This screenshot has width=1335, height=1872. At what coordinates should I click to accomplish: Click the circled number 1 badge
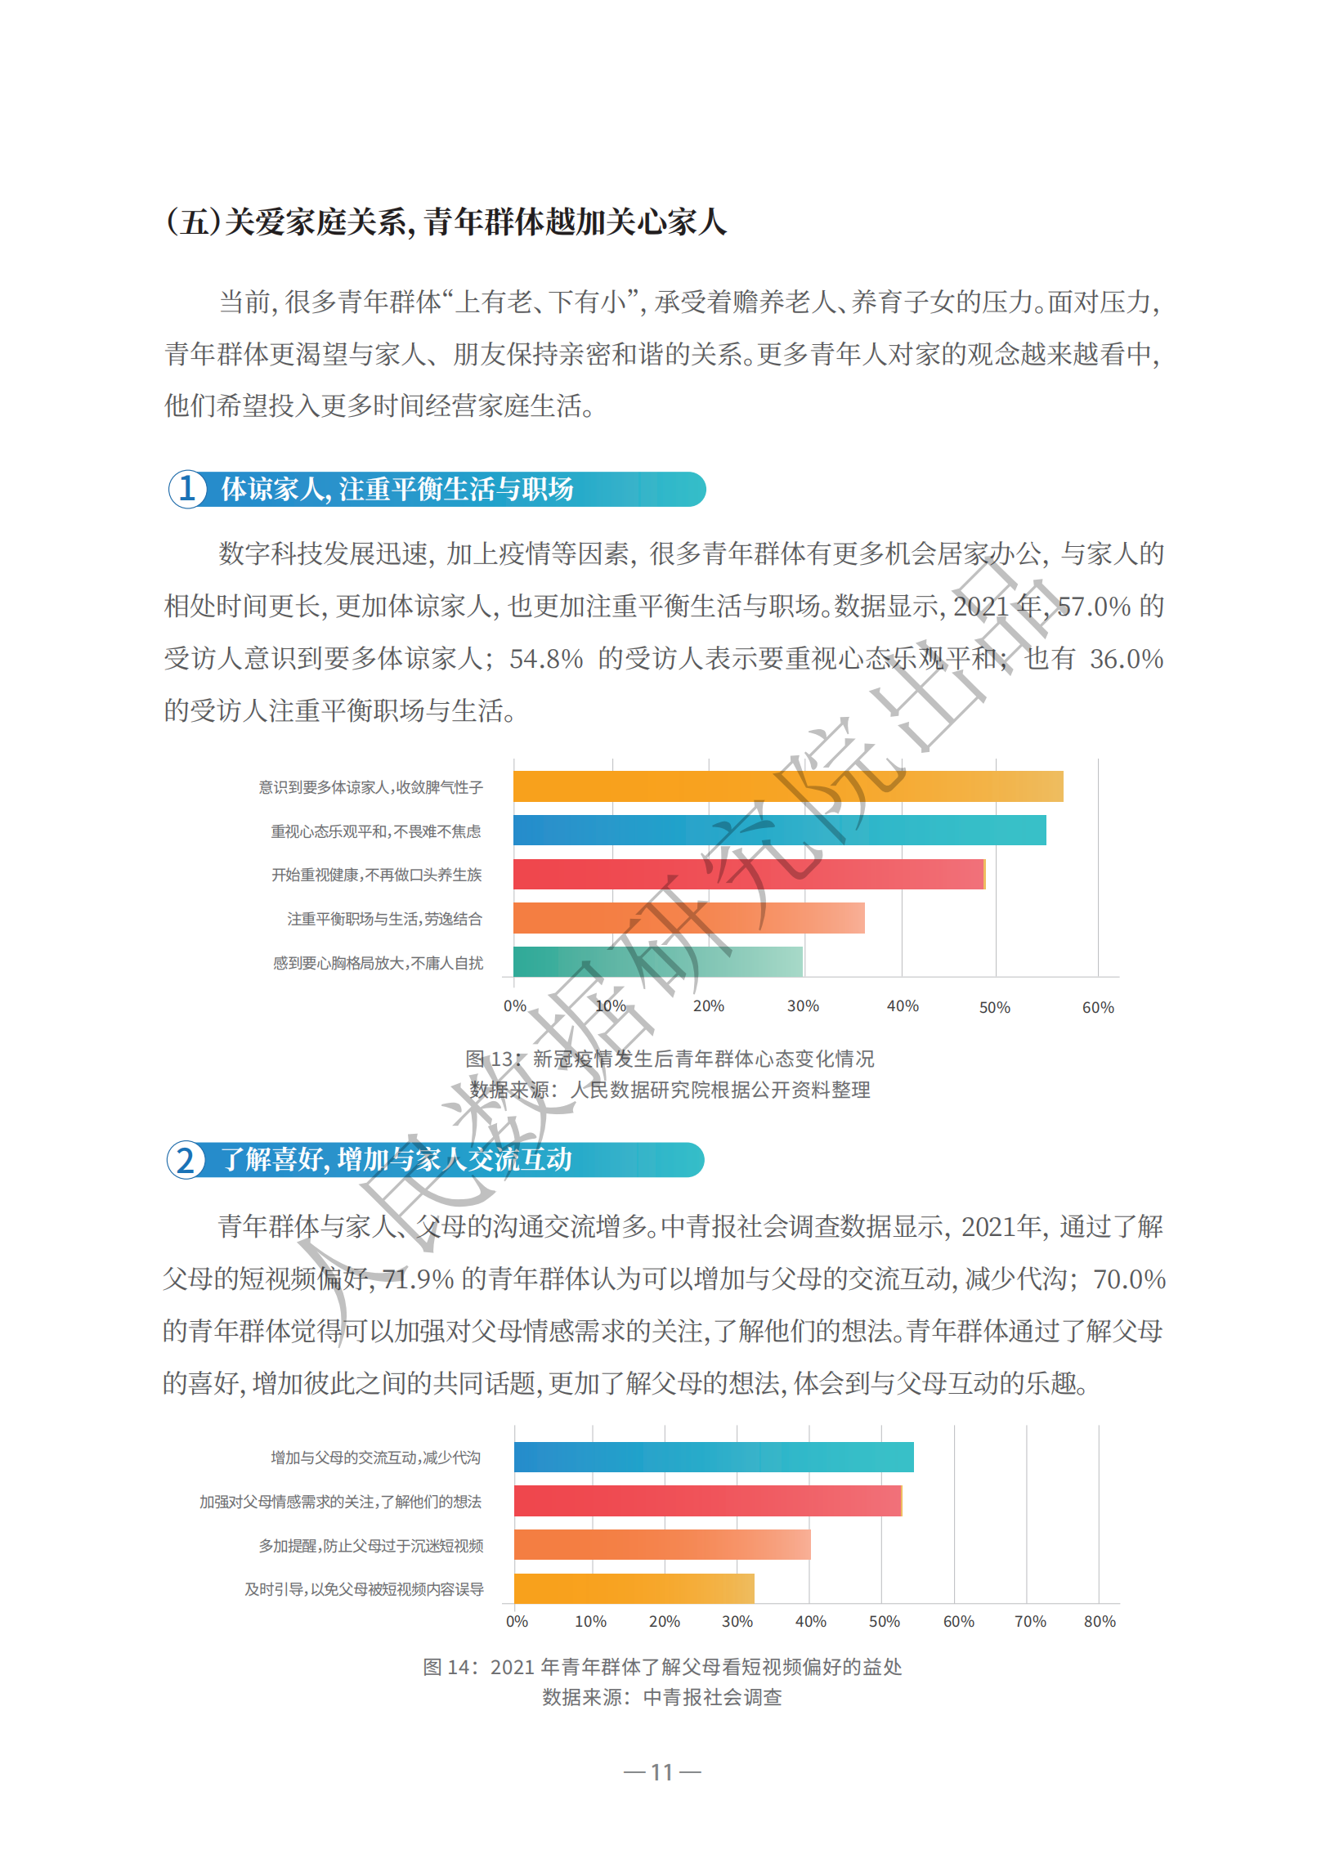pos(186,489)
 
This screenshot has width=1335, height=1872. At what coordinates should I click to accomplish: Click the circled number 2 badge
pos(186,1159)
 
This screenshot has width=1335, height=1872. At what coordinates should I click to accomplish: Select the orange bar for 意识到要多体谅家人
pos(787,786)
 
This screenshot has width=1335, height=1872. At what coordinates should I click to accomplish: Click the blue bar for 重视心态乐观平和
pos(779,830)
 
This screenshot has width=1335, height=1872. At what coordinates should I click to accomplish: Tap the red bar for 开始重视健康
pos(748,875)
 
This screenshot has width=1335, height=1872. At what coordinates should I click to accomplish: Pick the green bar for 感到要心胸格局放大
pos(657,961)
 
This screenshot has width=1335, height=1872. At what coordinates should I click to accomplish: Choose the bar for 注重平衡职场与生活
pos(689,918)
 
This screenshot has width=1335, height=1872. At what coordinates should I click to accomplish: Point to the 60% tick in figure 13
pos(1097,1007)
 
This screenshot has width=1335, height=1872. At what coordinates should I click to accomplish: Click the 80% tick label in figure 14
pos(1099,1621)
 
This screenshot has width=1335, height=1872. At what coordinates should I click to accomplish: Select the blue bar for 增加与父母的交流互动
pos(714,1457)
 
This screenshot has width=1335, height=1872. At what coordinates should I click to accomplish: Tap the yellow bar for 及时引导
pos(634,1588)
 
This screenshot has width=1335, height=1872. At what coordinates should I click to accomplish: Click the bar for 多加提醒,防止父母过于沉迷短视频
pos(661,1545)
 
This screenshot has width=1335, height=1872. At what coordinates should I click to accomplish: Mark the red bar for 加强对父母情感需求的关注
pos(708,1502)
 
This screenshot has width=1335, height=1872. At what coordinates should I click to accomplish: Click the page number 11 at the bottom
pos(661,1772)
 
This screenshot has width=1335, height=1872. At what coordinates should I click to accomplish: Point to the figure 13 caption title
pos(670,1059)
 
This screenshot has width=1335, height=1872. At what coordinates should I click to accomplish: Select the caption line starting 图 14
pos(661,1667)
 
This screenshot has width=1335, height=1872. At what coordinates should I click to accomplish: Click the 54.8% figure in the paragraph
pos(546,659)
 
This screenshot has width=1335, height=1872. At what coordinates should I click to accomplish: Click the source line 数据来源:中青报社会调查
pos(661,1697)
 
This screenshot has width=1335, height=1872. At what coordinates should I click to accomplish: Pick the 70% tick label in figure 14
pos(1030,1621)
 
